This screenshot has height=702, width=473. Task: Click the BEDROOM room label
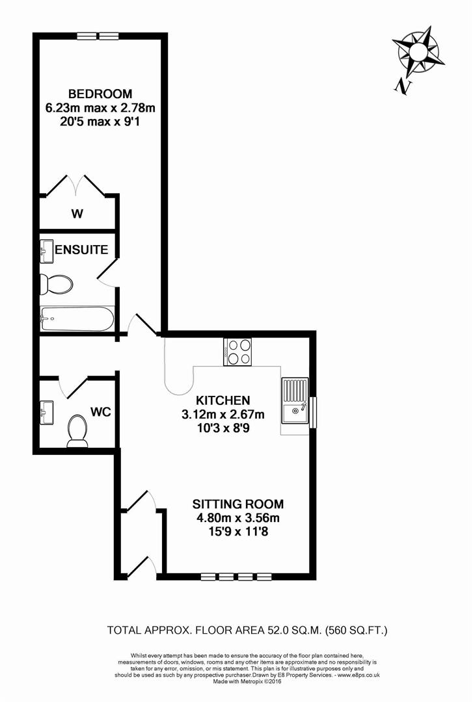coord(100,93)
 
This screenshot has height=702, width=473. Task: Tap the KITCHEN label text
coord(223,400)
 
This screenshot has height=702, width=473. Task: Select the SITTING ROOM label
coord(238,504)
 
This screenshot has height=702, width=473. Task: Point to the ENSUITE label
coord(81,250)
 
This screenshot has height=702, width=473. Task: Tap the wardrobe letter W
coord(76,213)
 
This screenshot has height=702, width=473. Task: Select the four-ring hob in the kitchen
coord(237,352)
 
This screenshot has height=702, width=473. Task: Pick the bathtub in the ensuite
coord(77,318)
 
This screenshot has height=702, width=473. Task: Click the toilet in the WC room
coord(77,432)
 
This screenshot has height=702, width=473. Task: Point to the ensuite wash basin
coord(46,251)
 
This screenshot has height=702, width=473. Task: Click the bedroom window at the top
coord(98,36)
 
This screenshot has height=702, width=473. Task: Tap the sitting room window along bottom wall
coord(236,576)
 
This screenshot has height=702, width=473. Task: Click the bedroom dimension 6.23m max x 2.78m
coord(100,107)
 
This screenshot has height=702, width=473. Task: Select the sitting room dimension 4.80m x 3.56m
coord(238,518)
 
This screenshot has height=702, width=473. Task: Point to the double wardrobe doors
coord(77,185)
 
